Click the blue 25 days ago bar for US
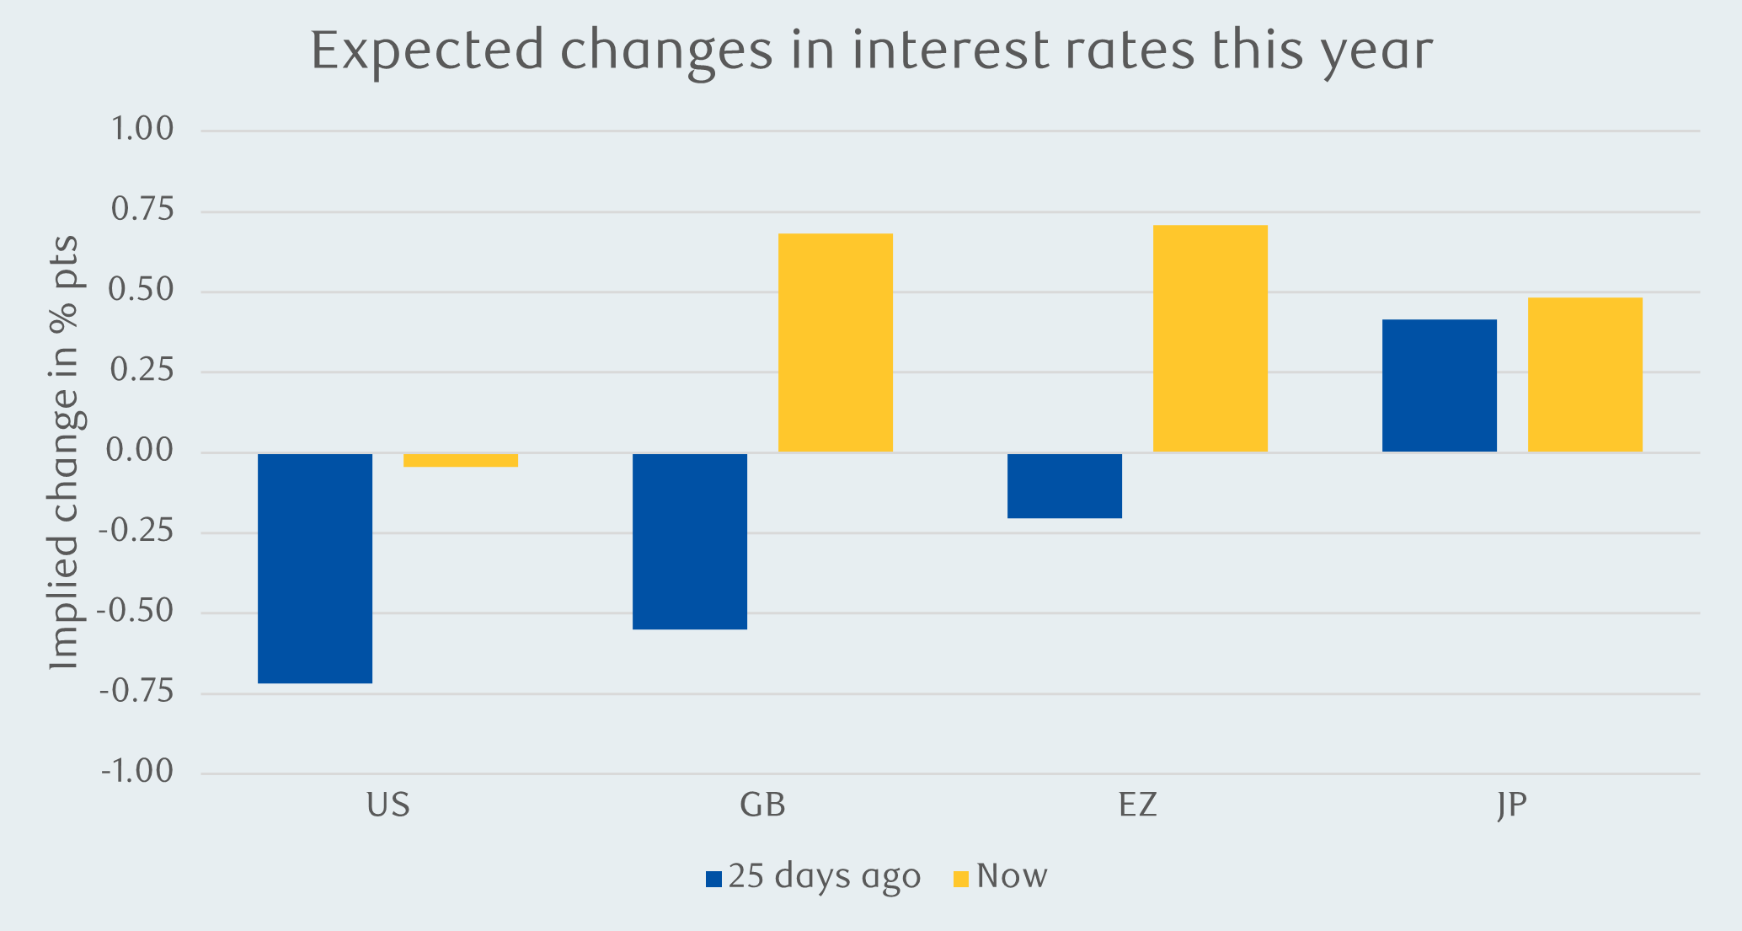(x=315, y=568)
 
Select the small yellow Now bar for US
(x=461, y=460)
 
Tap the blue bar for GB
(x=690, y=541)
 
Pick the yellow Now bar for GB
(x=836, y=343)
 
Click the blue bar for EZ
(x=1065, y=485)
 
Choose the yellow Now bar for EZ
(x=1210, y=339)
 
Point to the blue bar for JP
(x=1440, y=386)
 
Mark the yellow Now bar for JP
(x=1585, y=375)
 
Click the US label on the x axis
(x=388, y=805)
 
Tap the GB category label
(x=763, y=805)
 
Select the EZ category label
(x=1138, y=805)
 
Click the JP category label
(x=1512, y=805)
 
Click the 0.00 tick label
(x=140, y=452)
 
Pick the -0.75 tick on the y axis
(x=136, y=693)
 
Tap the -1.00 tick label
(x=136, y=772)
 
